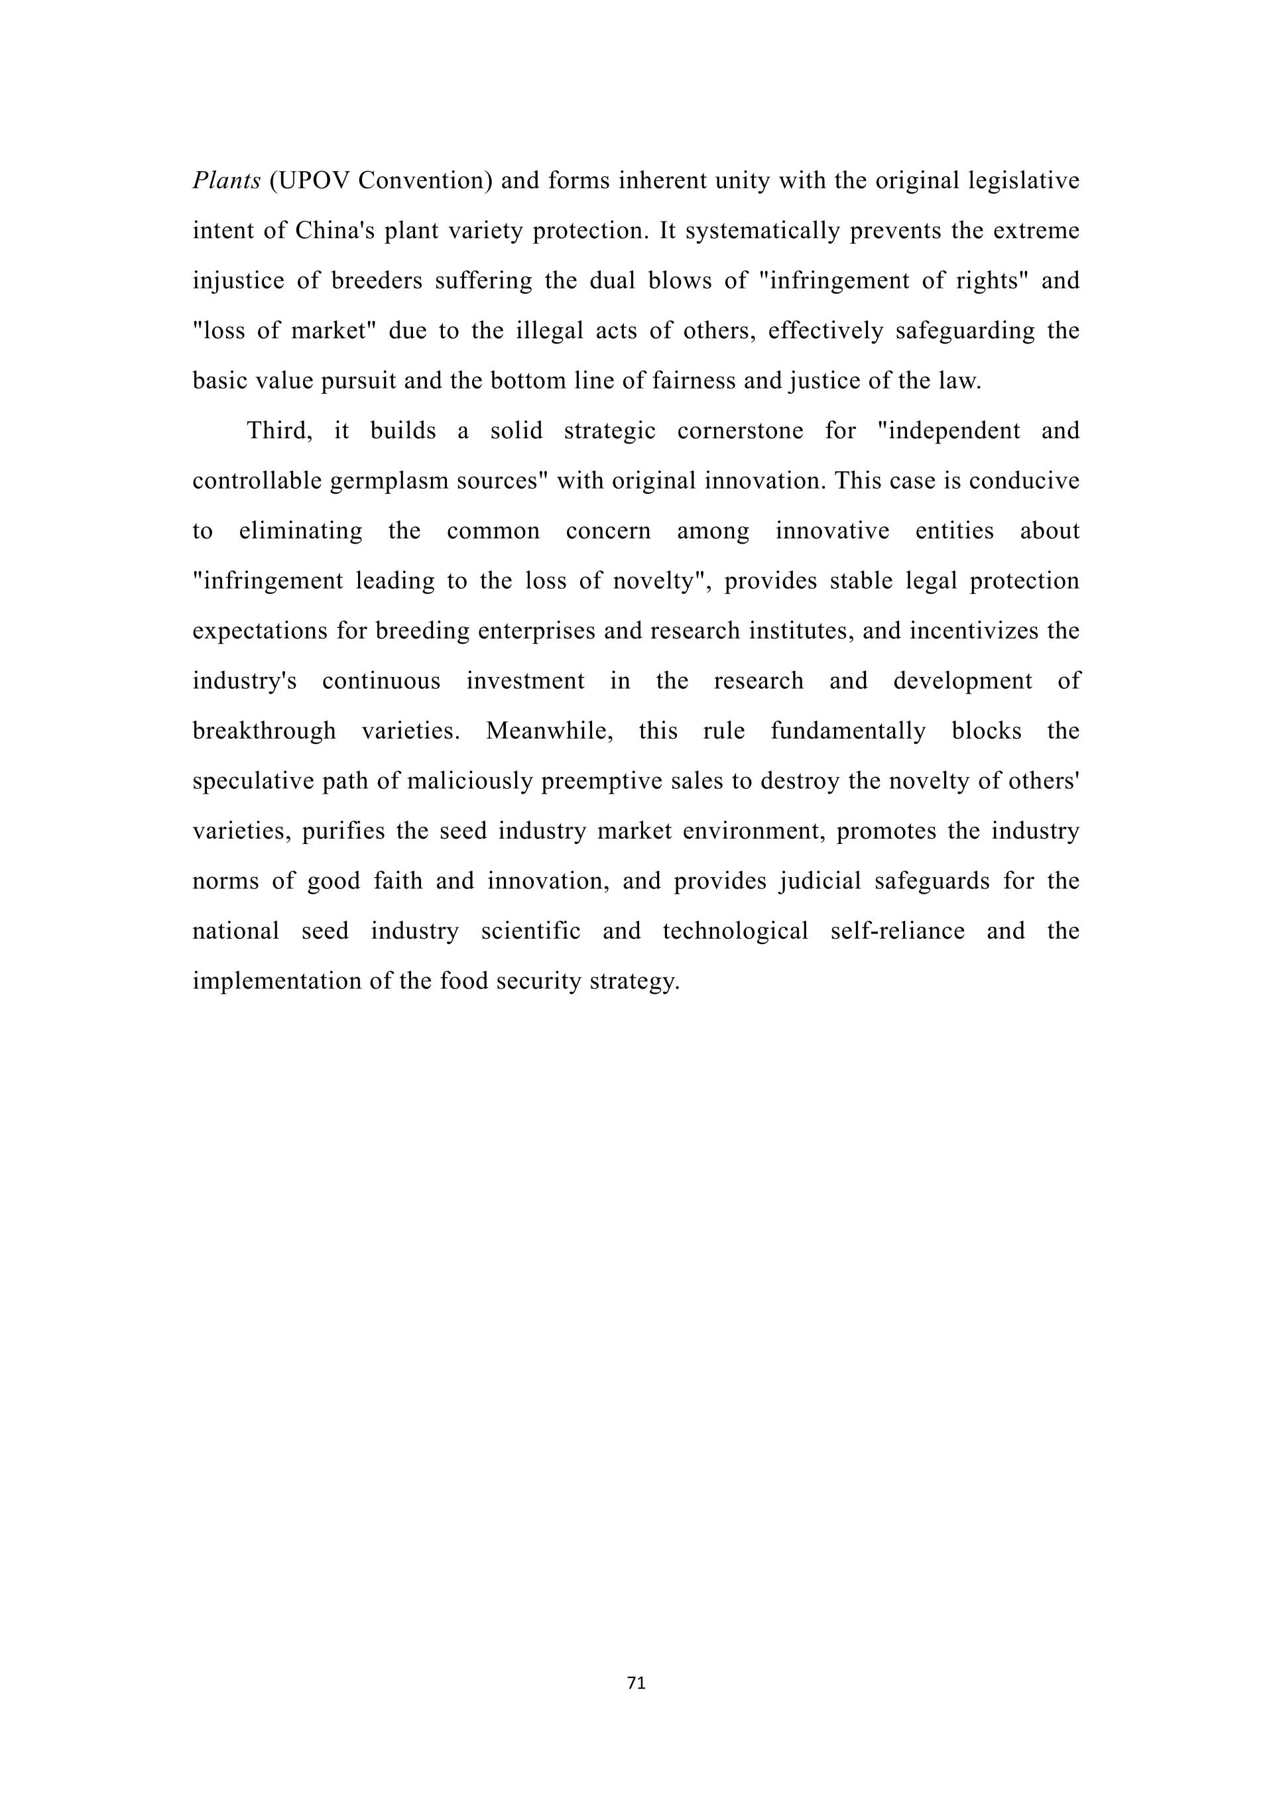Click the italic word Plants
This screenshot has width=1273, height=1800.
(225, 181)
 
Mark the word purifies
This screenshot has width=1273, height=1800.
(343, 831)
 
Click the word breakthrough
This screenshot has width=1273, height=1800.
(264, 731)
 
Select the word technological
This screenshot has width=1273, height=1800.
(735, 931)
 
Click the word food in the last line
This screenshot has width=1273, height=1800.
(464, 981)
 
